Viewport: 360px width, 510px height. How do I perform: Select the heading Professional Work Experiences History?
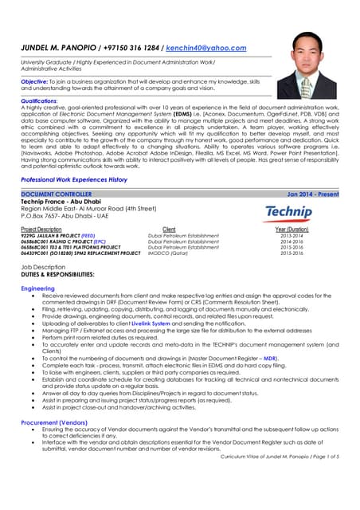pyautogui.click(x=74, y=180)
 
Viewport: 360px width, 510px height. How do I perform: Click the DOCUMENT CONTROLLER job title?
pyautogui.click(x=57, y=194)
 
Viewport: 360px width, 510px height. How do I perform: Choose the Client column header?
pyautogui.click(x=168, y=229)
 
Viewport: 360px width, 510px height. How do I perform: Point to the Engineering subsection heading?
pyautogui.click(x=38, y=288)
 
